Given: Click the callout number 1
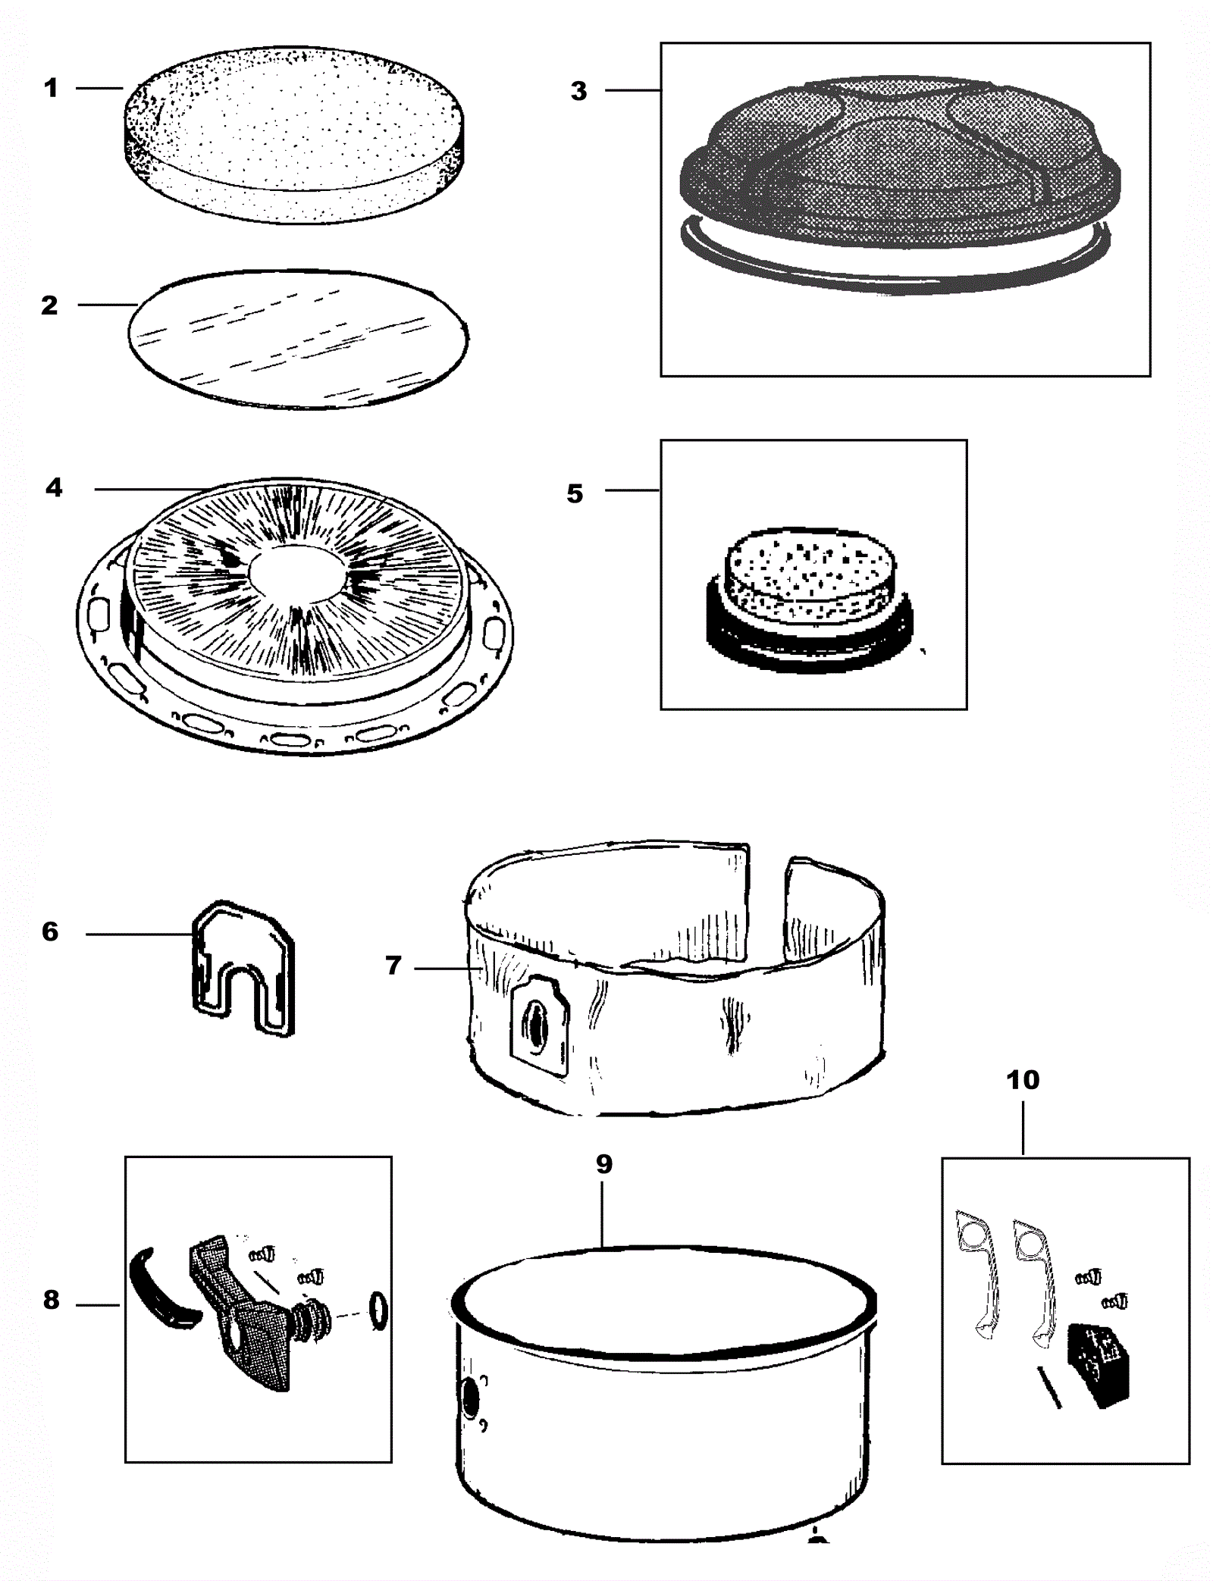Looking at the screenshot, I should tap(51, 89).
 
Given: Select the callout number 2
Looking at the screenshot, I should tap(49, 305).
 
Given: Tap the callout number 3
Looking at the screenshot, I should tap(578, 92).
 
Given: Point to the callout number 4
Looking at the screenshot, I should tap(54, 487).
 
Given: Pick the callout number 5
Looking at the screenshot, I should tap(575, 494).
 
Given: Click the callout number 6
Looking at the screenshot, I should tap(50, 931).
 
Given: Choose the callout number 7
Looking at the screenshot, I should tap(393, 966).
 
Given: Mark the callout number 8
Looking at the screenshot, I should tap(51, 1301).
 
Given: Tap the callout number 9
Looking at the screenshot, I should tap(603, 1164).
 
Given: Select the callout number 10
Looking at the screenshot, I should tap(1023, 1079).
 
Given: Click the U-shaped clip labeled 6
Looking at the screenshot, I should tap(243, 966).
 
